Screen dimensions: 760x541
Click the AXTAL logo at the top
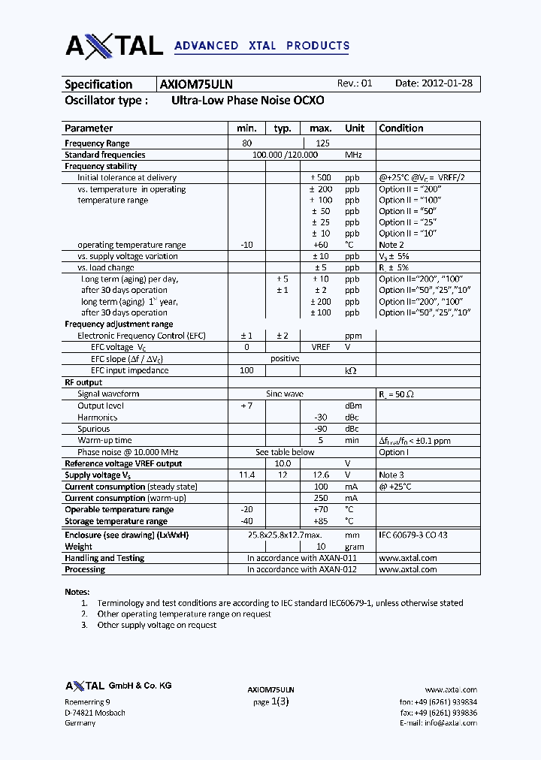[x=114, y=45]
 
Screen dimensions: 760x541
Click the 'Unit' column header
[x=355, y=128]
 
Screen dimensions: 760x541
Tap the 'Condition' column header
[x=401, y=128]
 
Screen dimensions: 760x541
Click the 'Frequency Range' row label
[x=97, y=143]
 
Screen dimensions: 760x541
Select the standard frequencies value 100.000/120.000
[x=286, y=155]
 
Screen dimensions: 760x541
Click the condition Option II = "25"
[x=407, y=222]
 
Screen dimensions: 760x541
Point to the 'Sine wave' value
[x=285, y=394]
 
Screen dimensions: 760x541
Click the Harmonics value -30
[x=321, y=417]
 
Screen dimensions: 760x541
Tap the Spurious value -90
[x=321, y=429]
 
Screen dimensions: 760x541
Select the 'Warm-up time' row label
[x=104, y=440]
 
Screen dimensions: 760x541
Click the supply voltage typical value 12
[x=283, y=475]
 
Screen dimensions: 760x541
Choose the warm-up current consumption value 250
[x=321, y=498]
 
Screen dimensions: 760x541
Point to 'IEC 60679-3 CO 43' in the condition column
[x=413, y=535]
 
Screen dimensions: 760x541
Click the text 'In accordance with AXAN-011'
[x=301, y=558]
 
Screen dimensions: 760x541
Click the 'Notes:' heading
[x=77, y=592]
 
